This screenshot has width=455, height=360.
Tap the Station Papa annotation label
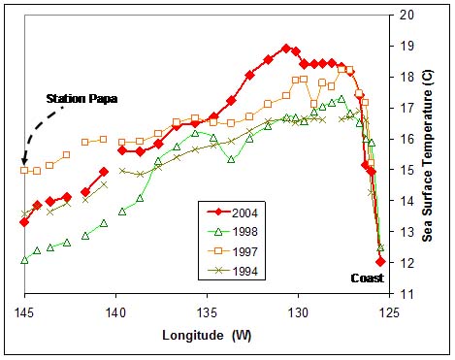click(80, 99)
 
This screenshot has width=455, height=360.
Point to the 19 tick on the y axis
click(396, 46)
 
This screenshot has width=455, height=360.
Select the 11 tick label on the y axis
click(396, 294)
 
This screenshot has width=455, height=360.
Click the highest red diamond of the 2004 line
click(286, 48)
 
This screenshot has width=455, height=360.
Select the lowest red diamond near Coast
click(380, 261)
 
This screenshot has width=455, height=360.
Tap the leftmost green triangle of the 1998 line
click(24, 260)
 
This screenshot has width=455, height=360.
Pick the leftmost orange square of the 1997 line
click(24, 170)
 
